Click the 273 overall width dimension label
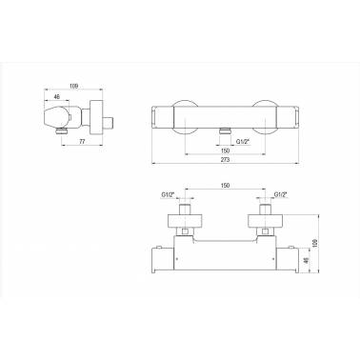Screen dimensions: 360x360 [x=225, y=160]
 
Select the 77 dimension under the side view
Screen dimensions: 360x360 [x=82, y=142]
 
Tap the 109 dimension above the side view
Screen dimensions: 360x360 [x=73, y=86]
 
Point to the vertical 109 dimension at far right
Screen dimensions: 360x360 [x=315, y=243]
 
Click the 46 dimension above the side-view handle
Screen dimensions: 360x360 [x=57, y=97]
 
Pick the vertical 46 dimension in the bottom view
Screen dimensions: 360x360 [x=306, y=260]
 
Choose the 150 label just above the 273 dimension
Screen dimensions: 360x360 [x=225, y=150]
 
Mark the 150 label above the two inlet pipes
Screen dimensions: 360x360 [x=225, y=186]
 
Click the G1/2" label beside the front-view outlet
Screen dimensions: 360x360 [x=243, y=142]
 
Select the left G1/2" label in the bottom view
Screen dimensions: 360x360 [x=169, y=194]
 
